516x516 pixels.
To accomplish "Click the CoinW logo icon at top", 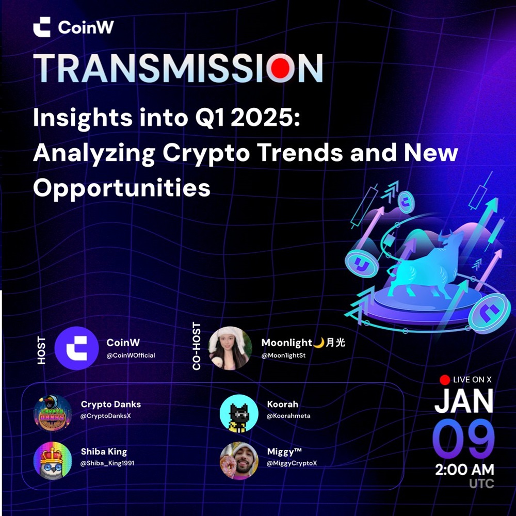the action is (x=42, y=27).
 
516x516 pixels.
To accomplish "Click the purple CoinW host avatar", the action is (x=77, y=348).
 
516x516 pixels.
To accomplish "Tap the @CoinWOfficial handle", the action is (x=131, y=356).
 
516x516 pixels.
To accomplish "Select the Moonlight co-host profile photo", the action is (x=230, y=348).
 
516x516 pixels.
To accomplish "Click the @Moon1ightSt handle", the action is (x=283, y=356).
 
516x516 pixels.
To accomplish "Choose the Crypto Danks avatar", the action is (x=53, y=413).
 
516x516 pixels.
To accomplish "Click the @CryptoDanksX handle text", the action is (x=106, y=416).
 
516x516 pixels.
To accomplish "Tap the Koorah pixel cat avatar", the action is (x=239, y=413).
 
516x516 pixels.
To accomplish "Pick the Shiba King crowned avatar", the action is (x=53, y=461).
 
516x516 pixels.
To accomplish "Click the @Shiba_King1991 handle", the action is (x=108, y=463).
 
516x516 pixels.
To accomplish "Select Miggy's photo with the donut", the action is (x=239, y=461).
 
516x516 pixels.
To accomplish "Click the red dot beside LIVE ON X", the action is (x=445, y=380).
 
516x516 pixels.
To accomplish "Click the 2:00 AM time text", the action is (x=465, y=470).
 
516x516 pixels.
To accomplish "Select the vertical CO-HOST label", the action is (x=197, y=346).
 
